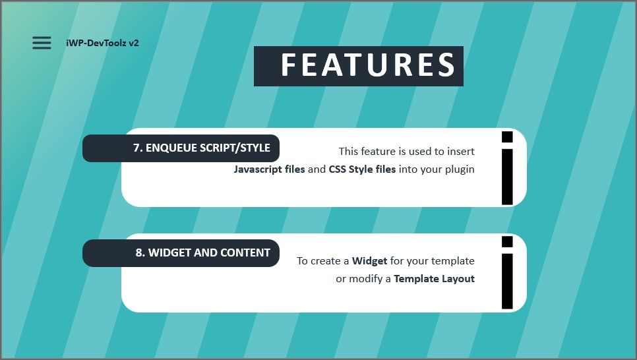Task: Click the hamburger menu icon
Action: [42, 43]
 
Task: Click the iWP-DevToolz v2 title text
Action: [102, 43]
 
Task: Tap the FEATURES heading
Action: [367, 65]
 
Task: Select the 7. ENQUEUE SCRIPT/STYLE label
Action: [201, 148]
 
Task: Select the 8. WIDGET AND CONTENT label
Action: [202, 253]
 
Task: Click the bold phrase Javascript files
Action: [269, 169]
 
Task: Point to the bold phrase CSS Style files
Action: [362, 169]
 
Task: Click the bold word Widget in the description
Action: [369, 261]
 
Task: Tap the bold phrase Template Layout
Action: [434, 279]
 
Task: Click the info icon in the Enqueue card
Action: [506, 167]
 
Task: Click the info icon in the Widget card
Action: [506, 272]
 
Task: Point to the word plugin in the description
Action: [459, 169]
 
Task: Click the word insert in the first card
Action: [460, 152]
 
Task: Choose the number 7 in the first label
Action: [136, 148]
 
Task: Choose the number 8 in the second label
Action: [138, 253]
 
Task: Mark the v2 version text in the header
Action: [133, 43]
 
